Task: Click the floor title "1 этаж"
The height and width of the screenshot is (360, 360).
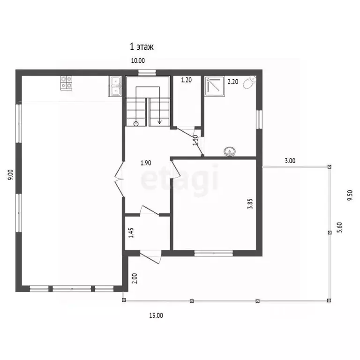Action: click(142, 46)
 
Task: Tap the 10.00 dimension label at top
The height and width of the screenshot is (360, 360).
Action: click(138, 60)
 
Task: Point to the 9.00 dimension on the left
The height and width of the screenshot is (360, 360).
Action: click(11, 175)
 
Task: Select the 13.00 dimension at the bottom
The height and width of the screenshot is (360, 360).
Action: click(156, 315)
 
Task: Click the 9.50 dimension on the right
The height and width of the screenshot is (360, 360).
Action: click(350, 195)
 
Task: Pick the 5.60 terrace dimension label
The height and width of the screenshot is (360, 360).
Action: click(339, 227)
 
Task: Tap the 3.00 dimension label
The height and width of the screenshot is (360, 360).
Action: click(290, 161)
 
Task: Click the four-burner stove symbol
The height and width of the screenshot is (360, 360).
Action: click(66, 83)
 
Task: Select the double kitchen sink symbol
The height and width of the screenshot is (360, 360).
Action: click(115, 86)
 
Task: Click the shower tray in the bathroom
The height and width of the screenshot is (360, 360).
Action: click(214, 86)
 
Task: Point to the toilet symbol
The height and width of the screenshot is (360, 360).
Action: click(249, 82)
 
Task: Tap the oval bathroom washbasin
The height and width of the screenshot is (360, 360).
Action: click(230, 151)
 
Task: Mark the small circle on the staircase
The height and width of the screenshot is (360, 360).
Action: click(136, 124)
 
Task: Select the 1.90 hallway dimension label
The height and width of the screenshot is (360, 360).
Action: click(146, 163)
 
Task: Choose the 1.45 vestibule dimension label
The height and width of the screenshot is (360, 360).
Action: click(131, 233)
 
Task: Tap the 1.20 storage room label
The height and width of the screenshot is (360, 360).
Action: click(186, 80)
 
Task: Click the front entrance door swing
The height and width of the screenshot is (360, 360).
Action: click(151, 258)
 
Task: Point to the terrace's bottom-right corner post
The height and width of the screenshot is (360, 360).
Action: click(329, 300)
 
